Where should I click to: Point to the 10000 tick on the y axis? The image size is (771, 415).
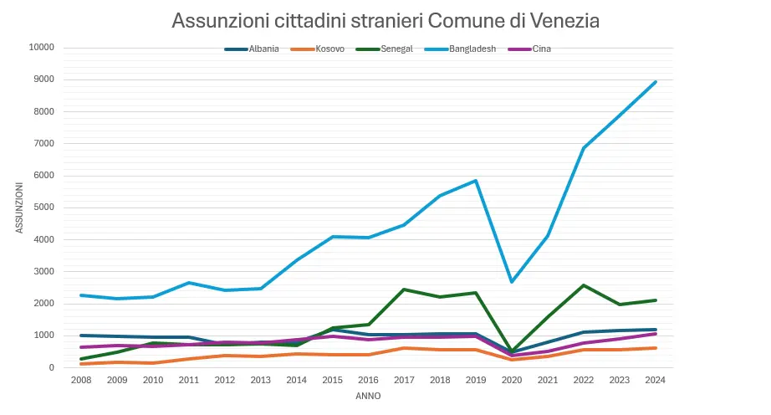tap(41, 48)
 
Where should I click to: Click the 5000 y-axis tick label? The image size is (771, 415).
tap(43, 207)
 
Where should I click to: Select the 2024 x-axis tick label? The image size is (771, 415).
tap(656, 380)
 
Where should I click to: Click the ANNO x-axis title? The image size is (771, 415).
tap(368, 396)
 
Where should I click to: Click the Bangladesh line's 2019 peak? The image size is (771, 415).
tap(476, 181)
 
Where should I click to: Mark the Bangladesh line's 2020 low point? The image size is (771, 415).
tap(511, 282)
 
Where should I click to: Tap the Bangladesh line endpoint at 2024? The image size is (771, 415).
tap(656, 82)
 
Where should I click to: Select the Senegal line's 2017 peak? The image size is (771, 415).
tap(404, 289)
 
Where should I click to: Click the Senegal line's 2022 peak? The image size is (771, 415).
tap(584, 285)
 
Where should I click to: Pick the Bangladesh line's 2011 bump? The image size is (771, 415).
tap(188, 283)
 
